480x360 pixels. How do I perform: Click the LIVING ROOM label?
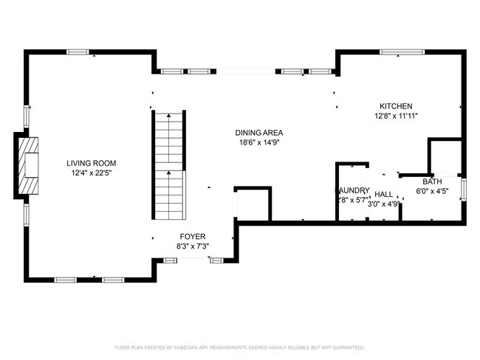(91, 163)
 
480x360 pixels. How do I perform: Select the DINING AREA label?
(258, 133)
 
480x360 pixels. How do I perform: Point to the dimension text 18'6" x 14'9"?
(258, 142)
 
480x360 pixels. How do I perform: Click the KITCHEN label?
(396, 106)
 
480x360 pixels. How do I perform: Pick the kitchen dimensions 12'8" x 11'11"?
(396, 116)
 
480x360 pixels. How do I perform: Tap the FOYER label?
(192, 237)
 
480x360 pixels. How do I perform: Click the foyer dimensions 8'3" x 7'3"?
(192, 246)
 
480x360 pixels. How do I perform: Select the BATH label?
(432, 182)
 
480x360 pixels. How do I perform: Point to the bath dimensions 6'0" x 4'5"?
(432, 192)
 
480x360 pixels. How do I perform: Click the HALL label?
(383, 194)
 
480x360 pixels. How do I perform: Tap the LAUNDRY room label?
(354, 190)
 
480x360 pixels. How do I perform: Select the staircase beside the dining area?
(168, 166)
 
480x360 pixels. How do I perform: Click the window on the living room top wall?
(78, 51)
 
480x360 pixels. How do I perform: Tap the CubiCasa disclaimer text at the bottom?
(240, 347)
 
